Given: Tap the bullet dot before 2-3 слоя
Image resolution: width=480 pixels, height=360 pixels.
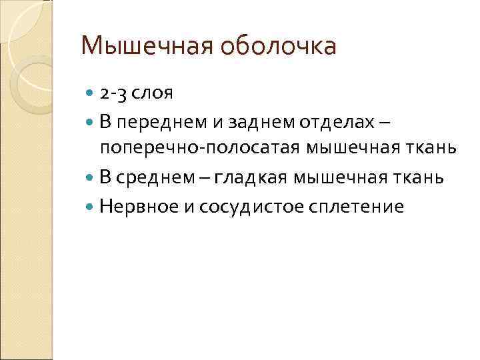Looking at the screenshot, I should tap(91, 93).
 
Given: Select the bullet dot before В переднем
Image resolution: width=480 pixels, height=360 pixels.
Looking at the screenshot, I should tap(91, 123).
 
